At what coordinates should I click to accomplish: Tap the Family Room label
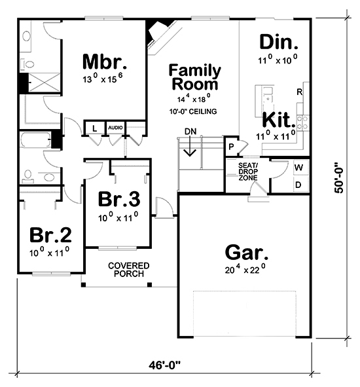pyautogui.click(x=195, y=77)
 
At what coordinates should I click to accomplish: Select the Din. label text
pyautogui.click(x=279, y=43)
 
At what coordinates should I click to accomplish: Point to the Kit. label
pyautogui.click(x=278, y=120)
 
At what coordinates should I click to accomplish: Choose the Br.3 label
pyautogui.click(x=118, y=199)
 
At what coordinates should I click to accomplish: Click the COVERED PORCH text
pyautogui.click(x=129, y=269)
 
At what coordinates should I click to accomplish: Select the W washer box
pyautogui.click(x=298, y=168)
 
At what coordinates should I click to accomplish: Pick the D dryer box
pyautogui.click(x=298, y=185)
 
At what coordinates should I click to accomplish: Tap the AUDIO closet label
pyautogui.click(x=115, y=127)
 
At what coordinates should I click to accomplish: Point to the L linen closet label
pyautogui.click(x=95, y=127)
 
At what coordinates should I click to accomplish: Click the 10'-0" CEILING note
pyautogui.click(x=192, y=111)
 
